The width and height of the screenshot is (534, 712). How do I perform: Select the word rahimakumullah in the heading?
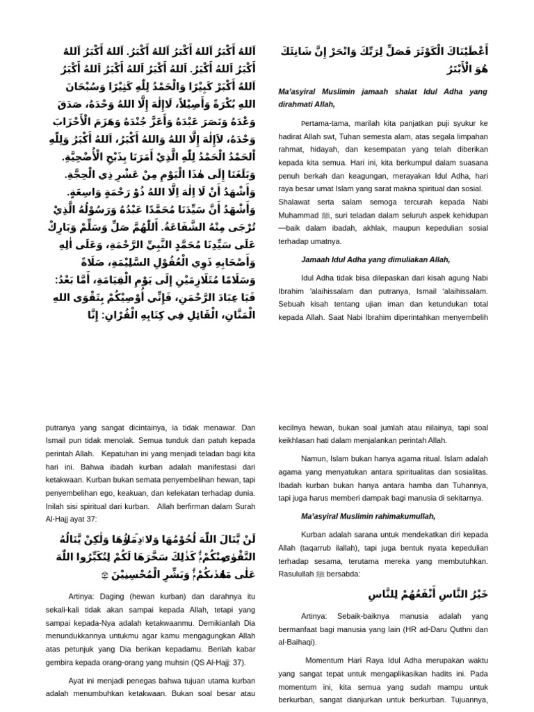click(x=401, y=516)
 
